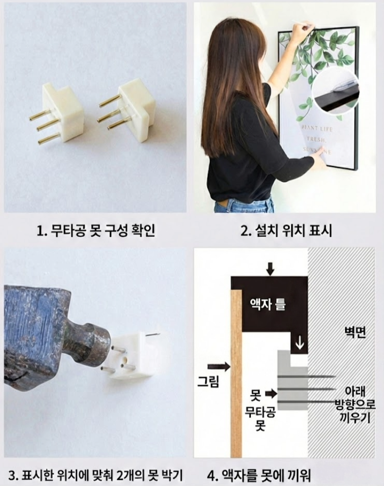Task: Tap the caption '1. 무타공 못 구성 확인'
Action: (x=96, y=230)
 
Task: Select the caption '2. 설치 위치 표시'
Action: (x=286, y=230)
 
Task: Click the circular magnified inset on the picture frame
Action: (x=335, y=90)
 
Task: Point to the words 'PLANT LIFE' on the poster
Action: (x=317, y=129)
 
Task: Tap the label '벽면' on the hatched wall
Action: (x=355, y=332)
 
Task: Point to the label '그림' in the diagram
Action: (x=209, y=381)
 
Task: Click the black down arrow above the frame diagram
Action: (x=270, y=268)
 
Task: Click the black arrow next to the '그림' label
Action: (x=219, y=366)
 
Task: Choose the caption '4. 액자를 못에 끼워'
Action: (x=259, y=475)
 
